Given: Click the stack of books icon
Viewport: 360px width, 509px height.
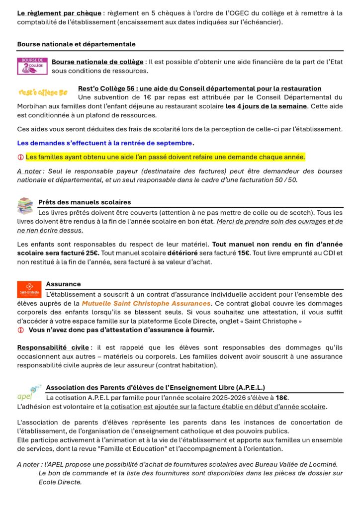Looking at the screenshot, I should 25,205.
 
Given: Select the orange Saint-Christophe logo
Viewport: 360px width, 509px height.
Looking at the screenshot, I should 29,289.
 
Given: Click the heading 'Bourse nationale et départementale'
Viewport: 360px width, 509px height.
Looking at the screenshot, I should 76,44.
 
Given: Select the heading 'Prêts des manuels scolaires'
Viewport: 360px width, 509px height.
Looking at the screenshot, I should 85,202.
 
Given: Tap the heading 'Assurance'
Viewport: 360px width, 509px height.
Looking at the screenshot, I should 63,284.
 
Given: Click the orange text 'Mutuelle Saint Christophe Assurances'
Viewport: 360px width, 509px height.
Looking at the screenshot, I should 146,303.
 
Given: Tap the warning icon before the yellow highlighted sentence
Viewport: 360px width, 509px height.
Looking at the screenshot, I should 20,157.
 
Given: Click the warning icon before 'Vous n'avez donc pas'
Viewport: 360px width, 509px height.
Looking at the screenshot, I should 20,330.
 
